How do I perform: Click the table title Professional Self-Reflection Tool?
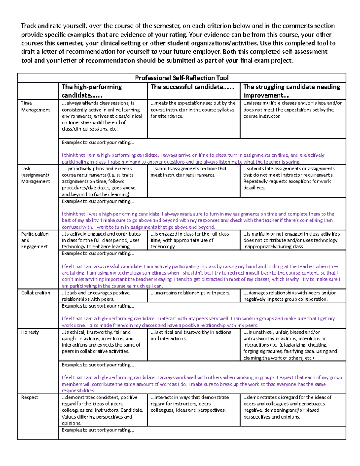tap(181, 78)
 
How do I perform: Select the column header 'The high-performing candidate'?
tap(92, 91)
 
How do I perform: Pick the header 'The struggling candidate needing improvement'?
tap(292, 91)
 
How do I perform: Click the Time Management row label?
tap(35, 106)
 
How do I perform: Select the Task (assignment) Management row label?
tap(35, 175)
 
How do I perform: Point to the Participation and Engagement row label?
tap(34, 240)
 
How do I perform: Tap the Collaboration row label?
tap(35, 293)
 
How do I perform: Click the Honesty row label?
tap(30, 332)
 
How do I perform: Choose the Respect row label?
tap(29, 397)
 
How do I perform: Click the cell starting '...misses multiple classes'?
tap(292, 110)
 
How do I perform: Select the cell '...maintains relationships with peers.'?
tap(190, 293)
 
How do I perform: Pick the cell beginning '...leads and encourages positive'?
tap(96, 296)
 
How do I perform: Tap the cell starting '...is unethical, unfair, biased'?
tap(290, 345)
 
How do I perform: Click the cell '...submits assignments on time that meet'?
tap(189, 172)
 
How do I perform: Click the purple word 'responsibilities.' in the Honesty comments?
tap(78, 391)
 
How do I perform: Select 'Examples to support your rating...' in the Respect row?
tap(98, 430)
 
